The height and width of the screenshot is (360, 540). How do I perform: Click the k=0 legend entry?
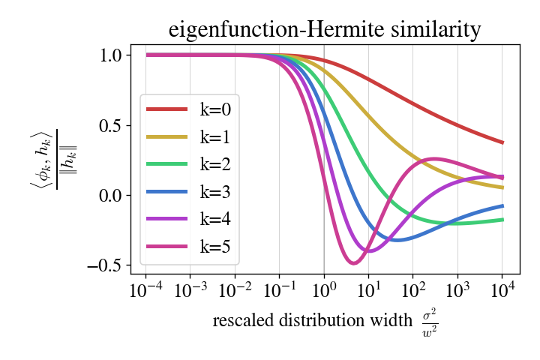click(x=192, y=109)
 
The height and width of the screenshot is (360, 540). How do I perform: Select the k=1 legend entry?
click(x=192, y=136)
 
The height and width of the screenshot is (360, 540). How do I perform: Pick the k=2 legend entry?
click(x=192, y=164)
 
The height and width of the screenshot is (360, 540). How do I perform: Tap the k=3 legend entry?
click(x=192, y=192)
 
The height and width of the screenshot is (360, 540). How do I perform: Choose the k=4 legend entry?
click(x=192, y=219)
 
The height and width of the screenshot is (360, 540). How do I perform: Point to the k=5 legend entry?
click(x=192, y=247)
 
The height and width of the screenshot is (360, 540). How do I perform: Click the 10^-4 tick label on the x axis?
click(x=146, y=292)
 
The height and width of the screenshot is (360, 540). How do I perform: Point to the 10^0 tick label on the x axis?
click(x=324, y=292)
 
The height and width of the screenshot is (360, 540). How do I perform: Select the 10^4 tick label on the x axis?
click(x=502, y=292)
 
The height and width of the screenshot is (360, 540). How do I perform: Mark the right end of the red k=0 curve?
click(x=502, y=142)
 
